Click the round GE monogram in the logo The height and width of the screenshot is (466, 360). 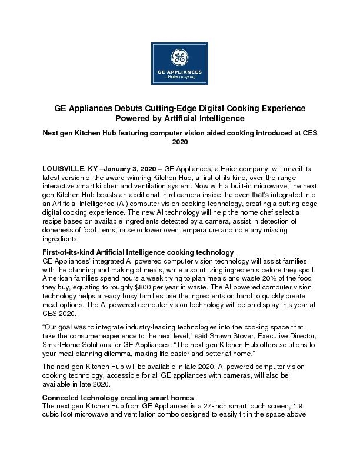click(x=179, y=57)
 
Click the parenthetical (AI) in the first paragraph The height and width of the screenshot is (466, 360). click(x=131, y=202)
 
